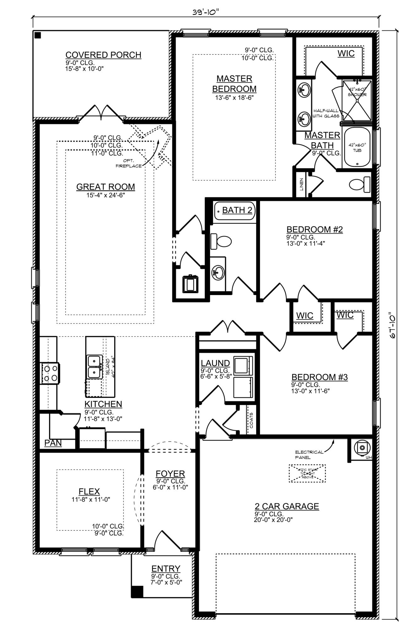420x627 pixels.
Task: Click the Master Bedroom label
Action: click(x=234, y=84)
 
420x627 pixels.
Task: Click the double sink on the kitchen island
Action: click(x=94, y=367)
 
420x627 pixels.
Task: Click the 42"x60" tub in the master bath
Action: click(x=357, y=147)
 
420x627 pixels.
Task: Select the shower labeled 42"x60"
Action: click(x=357, y=100)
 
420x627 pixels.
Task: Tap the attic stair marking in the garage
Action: click(x=307, y=473)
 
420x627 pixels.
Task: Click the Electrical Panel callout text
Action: click(x=309, y=455)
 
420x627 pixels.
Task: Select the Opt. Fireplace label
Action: click(x=129, y=163)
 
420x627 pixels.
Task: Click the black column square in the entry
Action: click(x=137, y=592)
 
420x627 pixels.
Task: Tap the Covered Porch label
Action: click(x=103, y=55)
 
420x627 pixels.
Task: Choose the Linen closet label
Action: click(x=301, y=184)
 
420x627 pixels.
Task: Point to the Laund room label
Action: click(x=215, y=363)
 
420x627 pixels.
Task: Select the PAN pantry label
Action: click(x=53, y=443)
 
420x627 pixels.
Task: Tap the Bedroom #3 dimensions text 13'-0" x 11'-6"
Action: click(x=310, y=391)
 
